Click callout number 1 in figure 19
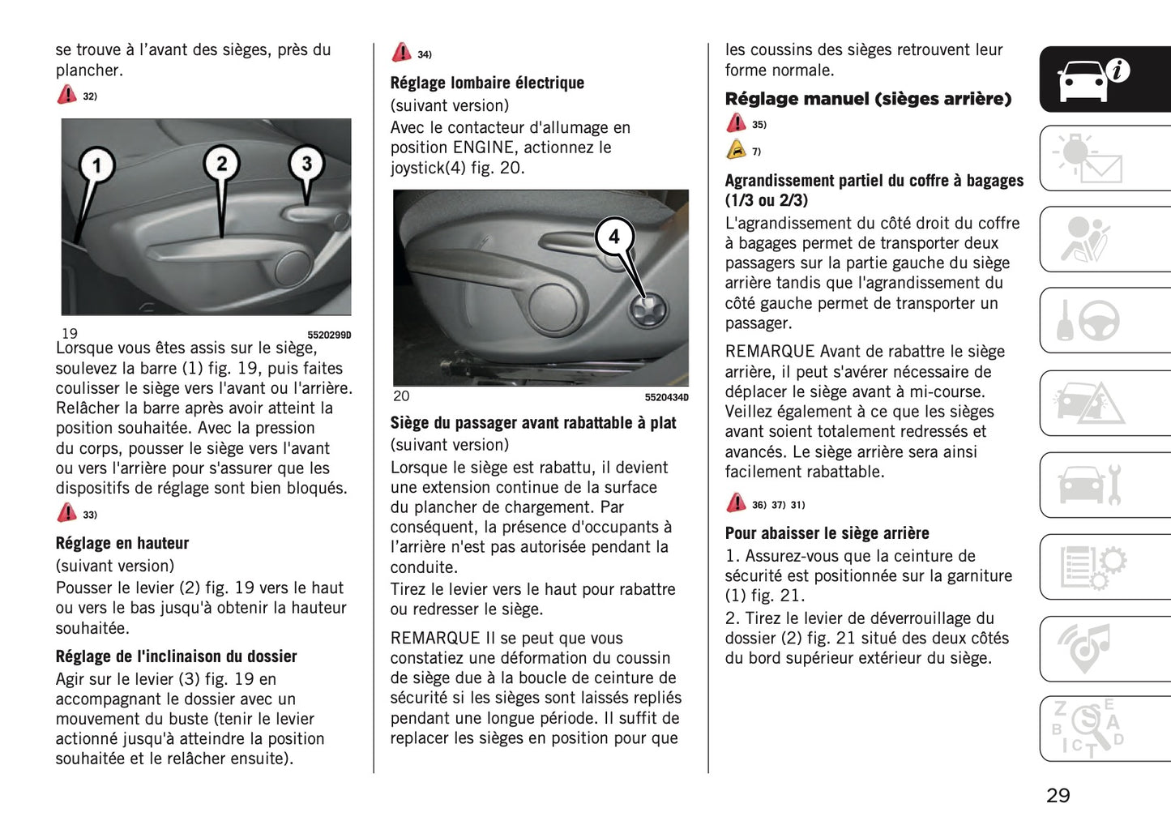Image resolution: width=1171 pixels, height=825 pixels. (97, 165)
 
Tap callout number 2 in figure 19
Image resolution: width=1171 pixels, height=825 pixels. (221, 163)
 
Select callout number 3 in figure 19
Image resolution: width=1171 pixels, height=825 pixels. (306, 164)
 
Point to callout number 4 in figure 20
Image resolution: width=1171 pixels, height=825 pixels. (614, 237)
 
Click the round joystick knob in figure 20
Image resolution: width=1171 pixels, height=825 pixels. (650, 309)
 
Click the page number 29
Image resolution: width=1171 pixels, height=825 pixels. (1058, 795)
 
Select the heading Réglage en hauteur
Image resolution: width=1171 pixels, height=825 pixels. (122, 543)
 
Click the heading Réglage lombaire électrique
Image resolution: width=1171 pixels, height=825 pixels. (486, 83)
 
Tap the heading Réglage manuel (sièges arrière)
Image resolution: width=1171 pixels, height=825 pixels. (867, 99)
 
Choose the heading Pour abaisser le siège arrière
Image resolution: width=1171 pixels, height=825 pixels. (827, 533)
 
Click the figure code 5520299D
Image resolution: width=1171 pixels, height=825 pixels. (329, 336)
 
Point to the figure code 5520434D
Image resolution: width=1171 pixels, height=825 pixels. (666, 397)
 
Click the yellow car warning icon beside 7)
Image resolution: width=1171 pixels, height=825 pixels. (736, 150)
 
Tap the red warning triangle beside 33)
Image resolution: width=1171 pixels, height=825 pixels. (66, 513)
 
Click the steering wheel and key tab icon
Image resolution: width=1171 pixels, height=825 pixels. (1088, 321)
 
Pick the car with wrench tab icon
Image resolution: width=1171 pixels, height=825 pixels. (1088, 485)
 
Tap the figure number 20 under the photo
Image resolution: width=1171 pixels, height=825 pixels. (401, 396)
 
